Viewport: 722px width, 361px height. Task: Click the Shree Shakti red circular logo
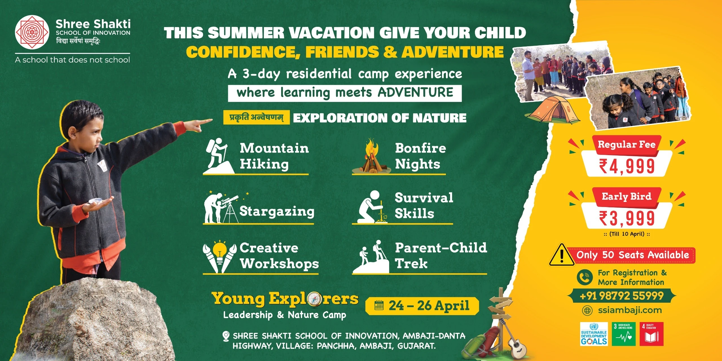(x=32, y=32)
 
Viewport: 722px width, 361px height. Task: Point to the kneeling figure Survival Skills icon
(x=372, y=207)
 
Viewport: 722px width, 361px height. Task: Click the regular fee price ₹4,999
(x=627, y=166)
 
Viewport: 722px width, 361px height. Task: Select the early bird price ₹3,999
(x=627, y=218)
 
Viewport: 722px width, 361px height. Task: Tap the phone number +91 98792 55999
(x=622, y=296)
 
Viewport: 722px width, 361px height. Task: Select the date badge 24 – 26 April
(x=422, y=306)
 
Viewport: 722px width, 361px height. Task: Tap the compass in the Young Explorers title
(x=314, y=299)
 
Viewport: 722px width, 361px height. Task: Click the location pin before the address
(x=226, y=336)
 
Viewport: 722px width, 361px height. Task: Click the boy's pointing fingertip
(x=211, y=120)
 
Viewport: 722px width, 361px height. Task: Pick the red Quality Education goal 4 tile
(x=651, y=334)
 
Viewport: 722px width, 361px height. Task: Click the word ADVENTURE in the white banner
(x=415, y=92)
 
